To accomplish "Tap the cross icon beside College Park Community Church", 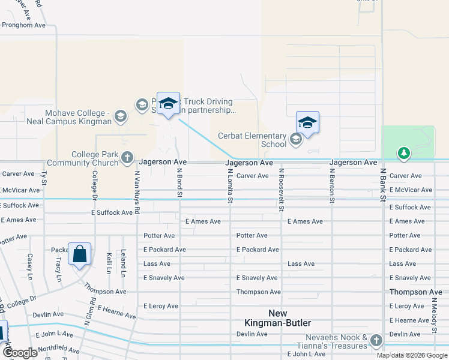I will (127, 158).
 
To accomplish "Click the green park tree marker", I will (404, 154).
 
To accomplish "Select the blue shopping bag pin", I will (80, 255).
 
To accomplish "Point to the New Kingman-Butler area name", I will (277, 318).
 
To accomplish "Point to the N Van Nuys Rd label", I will (137, 190).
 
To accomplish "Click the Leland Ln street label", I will (123, 263).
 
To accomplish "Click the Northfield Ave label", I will (58, 350).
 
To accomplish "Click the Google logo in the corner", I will (20, 353).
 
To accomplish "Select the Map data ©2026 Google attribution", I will (412, 355).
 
